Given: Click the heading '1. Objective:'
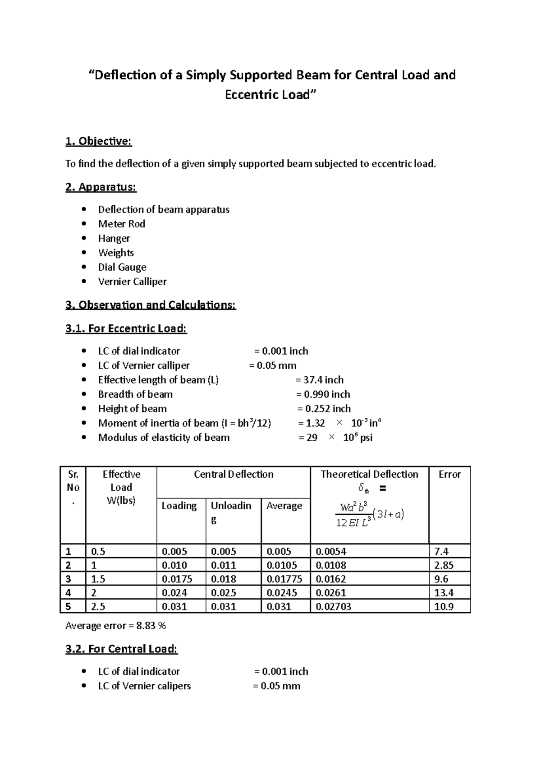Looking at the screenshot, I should coord(98,141).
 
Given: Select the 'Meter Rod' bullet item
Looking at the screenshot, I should coord(121,224).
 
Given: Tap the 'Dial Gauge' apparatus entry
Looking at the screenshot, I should coord(122,267).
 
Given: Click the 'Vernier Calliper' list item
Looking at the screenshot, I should coord(132,281).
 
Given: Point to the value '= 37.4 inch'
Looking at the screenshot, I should coord(319,380).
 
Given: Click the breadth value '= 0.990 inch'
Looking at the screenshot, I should coord(323,394).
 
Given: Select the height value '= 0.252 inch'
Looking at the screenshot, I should coord(324,409).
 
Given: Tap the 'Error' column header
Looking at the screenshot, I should coord(449,474).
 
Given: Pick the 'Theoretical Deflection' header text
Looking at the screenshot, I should coord(369,474).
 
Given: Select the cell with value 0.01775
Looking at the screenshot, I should coord(284,579).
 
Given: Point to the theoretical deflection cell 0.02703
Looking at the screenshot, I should coord(333,607).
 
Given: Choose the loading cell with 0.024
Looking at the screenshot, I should coord(174,593).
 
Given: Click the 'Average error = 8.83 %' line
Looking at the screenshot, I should coord(115,626).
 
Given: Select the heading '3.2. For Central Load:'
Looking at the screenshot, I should coord(121,649).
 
